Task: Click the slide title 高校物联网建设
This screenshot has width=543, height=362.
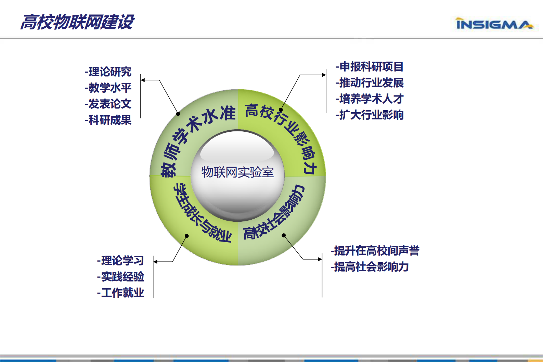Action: (x=77, y=22)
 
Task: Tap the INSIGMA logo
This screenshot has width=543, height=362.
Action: (x=494, y=24)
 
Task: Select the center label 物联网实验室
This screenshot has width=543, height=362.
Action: (x=237, y=172)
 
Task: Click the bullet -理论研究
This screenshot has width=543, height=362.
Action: (x=108, y=72)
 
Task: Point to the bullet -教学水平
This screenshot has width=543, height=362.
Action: (x=108, y=88)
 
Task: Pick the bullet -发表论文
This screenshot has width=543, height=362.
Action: (x=108, y=104)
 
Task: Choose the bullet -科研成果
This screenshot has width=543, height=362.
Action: (x=108, y=120)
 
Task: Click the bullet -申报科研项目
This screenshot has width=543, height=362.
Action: (x=370, y=67)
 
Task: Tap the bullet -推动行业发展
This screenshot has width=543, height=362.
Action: (x=370, y=83)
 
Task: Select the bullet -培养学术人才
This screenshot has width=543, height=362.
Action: (x=370, y=99)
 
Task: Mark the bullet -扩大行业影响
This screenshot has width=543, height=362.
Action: (x=370, y=115)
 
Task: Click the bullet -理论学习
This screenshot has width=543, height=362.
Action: (x=121, y=261)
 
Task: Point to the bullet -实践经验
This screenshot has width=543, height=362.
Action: (x=121, y=277)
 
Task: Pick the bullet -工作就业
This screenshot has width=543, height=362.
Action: (x=121, y=293)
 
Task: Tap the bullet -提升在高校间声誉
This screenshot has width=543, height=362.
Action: (x=375, y=251)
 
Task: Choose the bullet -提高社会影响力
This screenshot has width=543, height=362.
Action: (x=370, y=267)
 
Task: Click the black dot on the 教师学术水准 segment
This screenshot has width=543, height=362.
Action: (x=178, y=114)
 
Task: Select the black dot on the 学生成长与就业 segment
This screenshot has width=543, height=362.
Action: (x=187, y=236)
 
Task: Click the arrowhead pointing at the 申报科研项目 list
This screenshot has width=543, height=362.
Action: (x=324, y=75)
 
